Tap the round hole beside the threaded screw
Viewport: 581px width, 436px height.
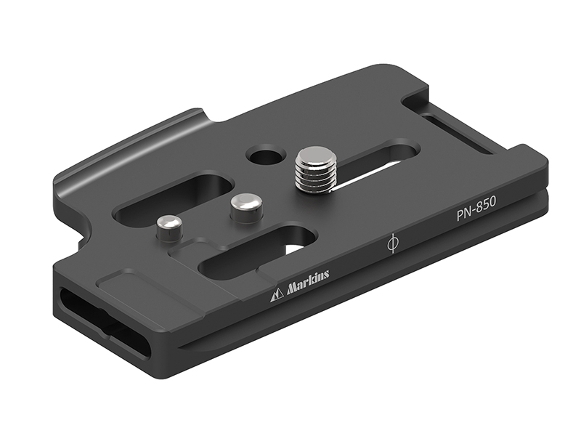[265, 155]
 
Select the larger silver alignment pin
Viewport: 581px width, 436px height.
[245, 208]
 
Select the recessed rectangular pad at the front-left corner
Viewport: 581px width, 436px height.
[131, 287]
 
